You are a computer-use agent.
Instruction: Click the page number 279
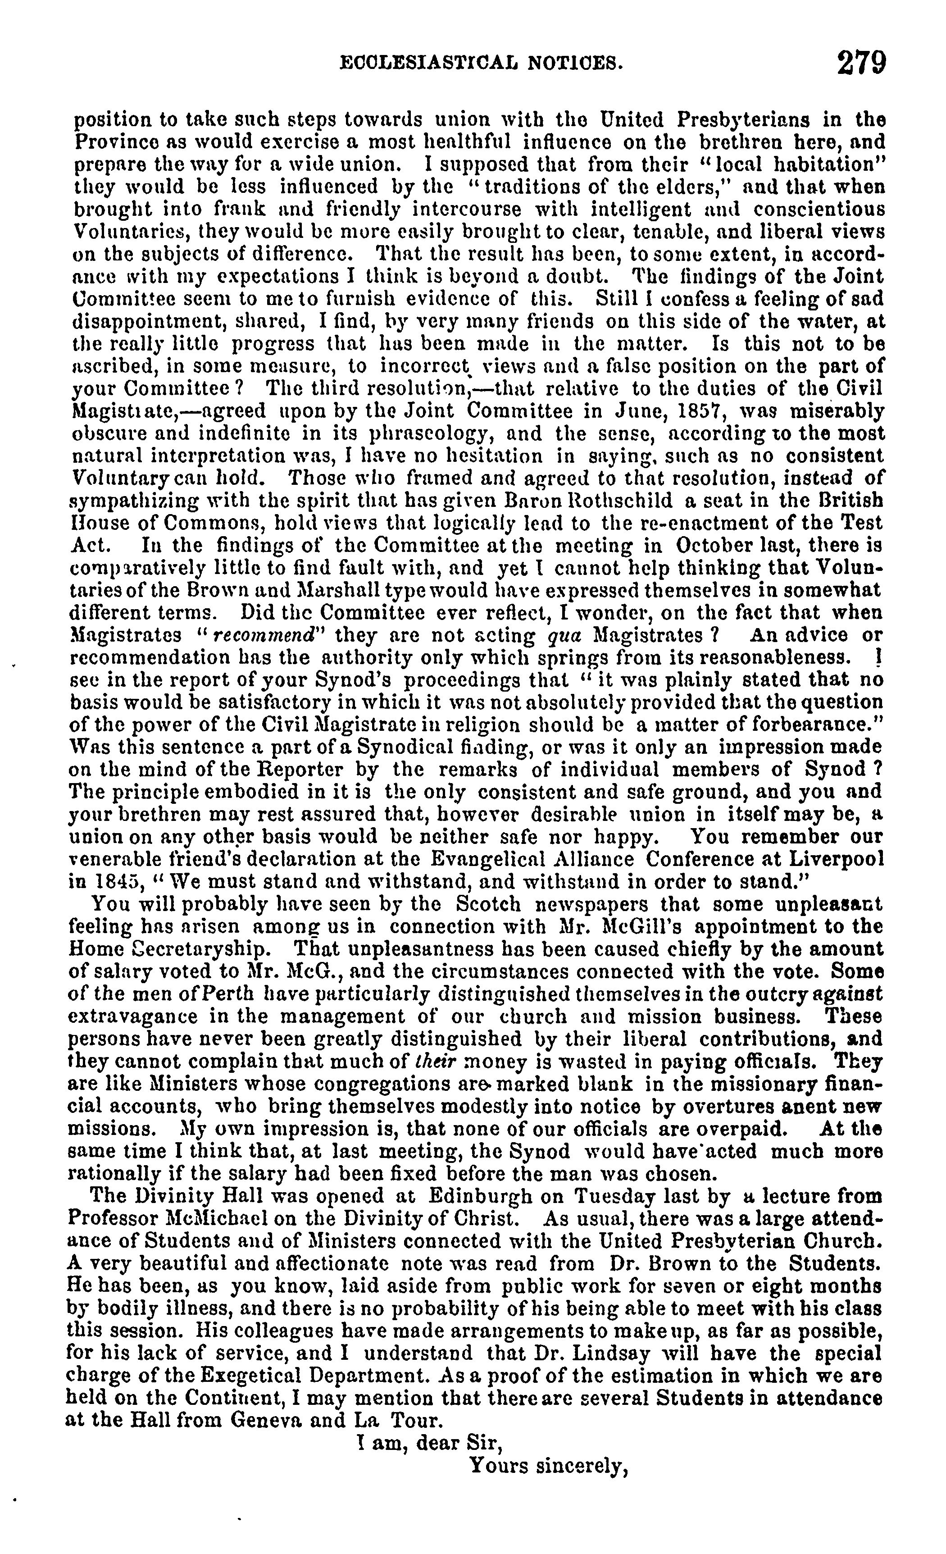click(861, 63)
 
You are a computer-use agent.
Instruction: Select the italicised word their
click(437, 1062)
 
